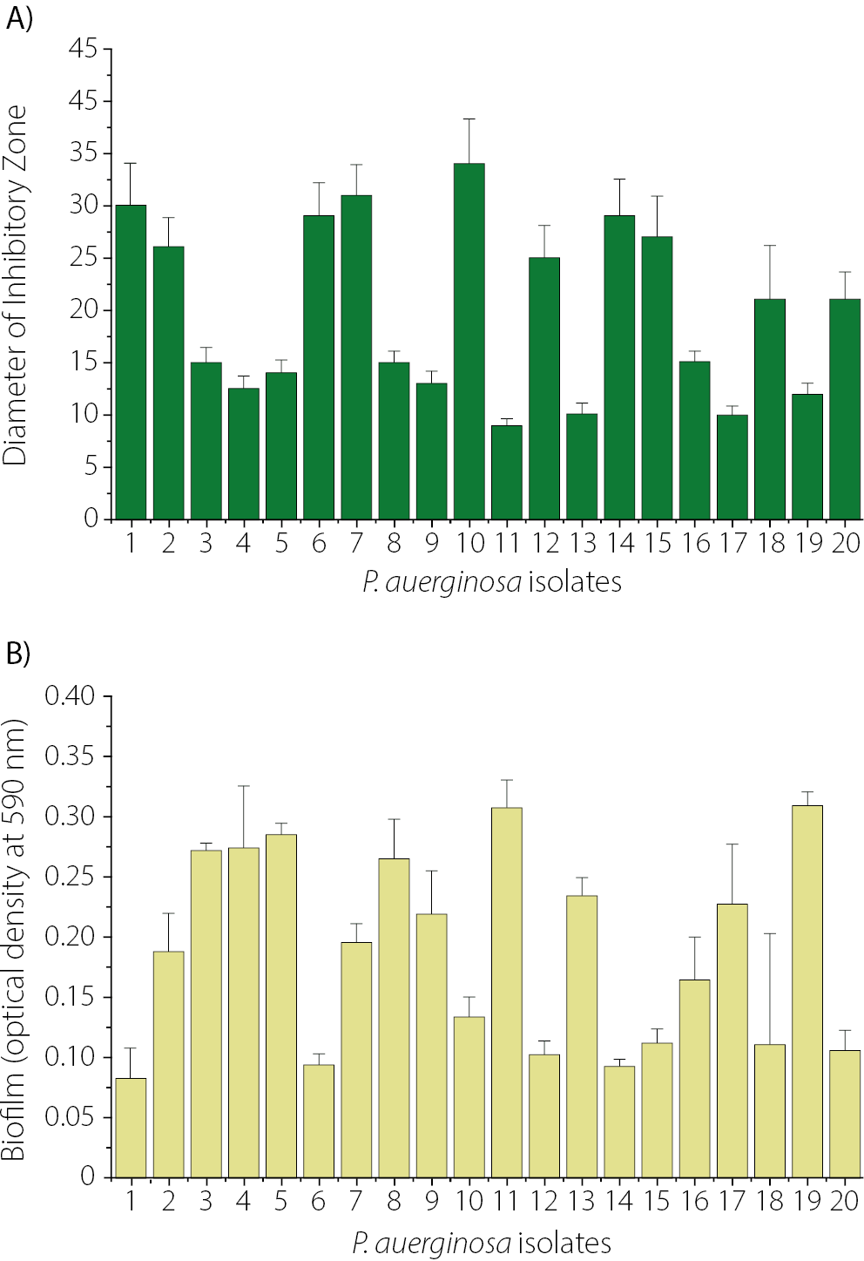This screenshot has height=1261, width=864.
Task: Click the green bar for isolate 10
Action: pyautogui.click(x=469, y=342)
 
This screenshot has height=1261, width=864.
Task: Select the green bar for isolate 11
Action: pyautogui.click(x=506, y=472)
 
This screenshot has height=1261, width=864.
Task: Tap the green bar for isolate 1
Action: pyautogui.click(x=131, y=362)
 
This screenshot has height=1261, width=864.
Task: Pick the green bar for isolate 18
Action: pyautogui.click(x=770, y=409)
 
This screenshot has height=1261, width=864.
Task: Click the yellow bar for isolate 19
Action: pyautogui.click(x=807, y=991)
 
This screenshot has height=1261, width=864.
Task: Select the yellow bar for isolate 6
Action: pyautogui.click(x=319, y=1121)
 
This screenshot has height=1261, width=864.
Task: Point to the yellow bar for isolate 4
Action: pyautogui.click(x=243, y=1012)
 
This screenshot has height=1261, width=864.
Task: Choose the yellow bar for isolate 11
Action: pyautogui.click(x=506, y=992)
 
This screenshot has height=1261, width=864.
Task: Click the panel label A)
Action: pyautogui.click(x=18, y=18)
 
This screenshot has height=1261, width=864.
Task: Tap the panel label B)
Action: pyautogui.click(x=18, y=653)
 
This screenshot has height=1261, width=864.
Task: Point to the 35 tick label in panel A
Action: pyautogui.click(x=84, y=153)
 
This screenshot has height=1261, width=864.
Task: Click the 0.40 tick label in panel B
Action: pyautogui.click(x=70, y=696)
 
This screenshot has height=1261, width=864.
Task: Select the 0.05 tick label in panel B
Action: pyautogui.click(x=70, y=1117)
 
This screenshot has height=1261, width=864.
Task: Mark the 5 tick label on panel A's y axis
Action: pyautogui.click(x=91, y=467)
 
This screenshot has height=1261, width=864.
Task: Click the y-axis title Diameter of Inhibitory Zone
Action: pyautogui.click(x=16, y=286)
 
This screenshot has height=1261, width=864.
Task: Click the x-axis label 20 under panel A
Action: pyautogui.click(x=845, y=544)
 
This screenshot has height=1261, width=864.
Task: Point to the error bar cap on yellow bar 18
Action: pyautogui.click(x=770, y=934)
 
